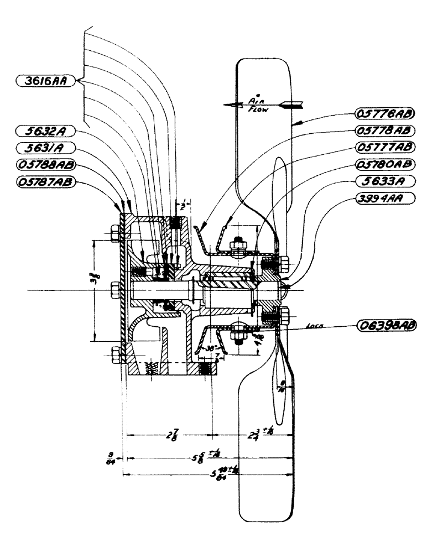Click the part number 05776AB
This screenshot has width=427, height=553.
(382, 114)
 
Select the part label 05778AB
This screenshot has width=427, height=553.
(382, 131)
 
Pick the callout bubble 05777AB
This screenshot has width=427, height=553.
(382, 148)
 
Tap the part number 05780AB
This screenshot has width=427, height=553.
(382, 164)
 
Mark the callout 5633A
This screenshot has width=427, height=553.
(382, 181)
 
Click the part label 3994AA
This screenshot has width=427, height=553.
(382, 197)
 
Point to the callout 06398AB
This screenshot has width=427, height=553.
(385, 325)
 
